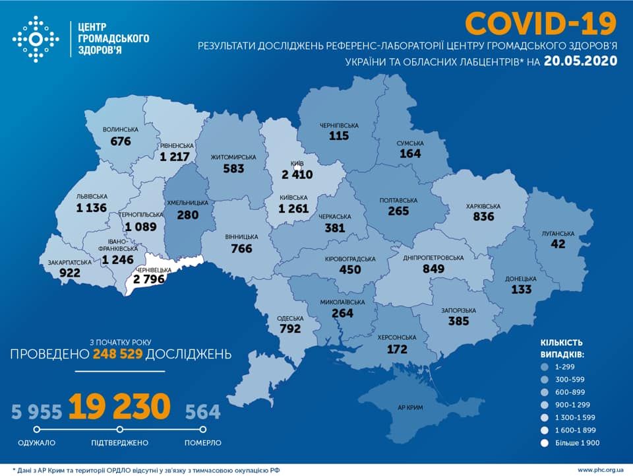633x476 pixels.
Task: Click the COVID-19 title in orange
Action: point(541,23)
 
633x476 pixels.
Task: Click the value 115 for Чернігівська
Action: point(339,135)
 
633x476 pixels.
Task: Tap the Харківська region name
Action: point(483,207)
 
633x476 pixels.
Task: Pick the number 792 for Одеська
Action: point(289,328)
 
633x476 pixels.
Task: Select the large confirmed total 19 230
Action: point(119,407)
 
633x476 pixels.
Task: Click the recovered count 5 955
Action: point(36,412)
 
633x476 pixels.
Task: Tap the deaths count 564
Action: point(202,412)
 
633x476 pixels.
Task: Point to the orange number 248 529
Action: point(117,355)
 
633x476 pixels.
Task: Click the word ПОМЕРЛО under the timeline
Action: point(202,443)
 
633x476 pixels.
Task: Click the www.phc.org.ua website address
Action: point(601,469)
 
